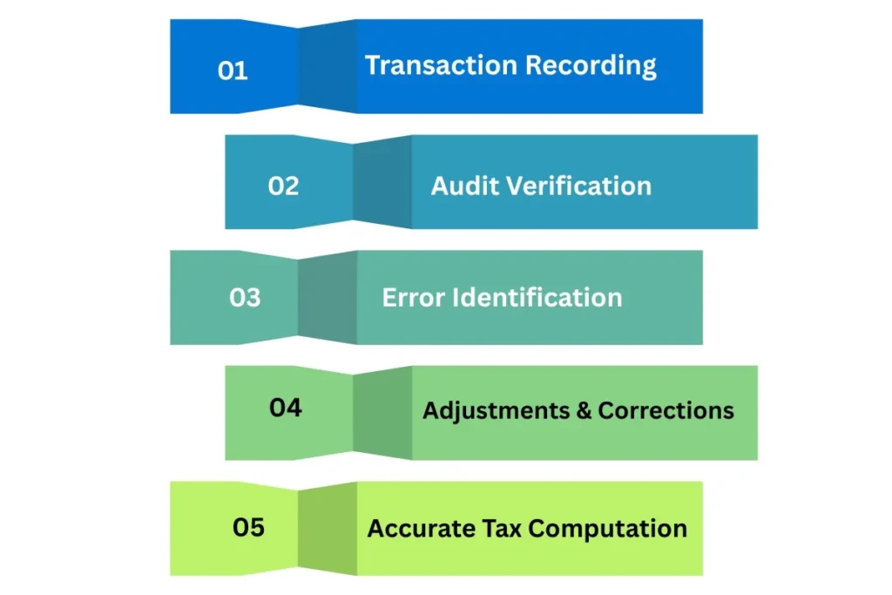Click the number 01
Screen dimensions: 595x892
233,71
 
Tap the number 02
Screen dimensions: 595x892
283,186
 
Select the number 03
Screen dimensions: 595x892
245,298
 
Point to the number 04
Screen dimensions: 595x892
285,407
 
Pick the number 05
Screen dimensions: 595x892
248,527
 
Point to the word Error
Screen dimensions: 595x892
413,298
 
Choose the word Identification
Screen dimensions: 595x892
537,298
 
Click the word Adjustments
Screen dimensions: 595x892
495,410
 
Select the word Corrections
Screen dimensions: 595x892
666,410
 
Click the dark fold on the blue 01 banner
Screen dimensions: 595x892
328,66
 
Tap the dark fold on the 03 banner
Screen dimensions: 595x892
328,298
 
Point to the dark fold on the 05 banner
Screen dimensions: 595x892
328,528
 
